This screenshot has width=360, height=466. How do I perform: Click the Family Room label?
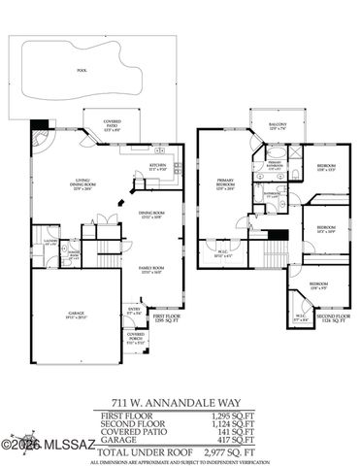click(150, 269)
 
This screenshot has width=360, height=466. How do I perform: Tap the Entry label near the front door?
click(134, 313)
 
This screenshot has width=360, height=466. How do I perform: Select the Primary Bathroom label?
click(273, 164)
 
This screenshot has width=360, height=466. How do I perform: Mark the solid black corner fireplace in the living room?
click(38, 124)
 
